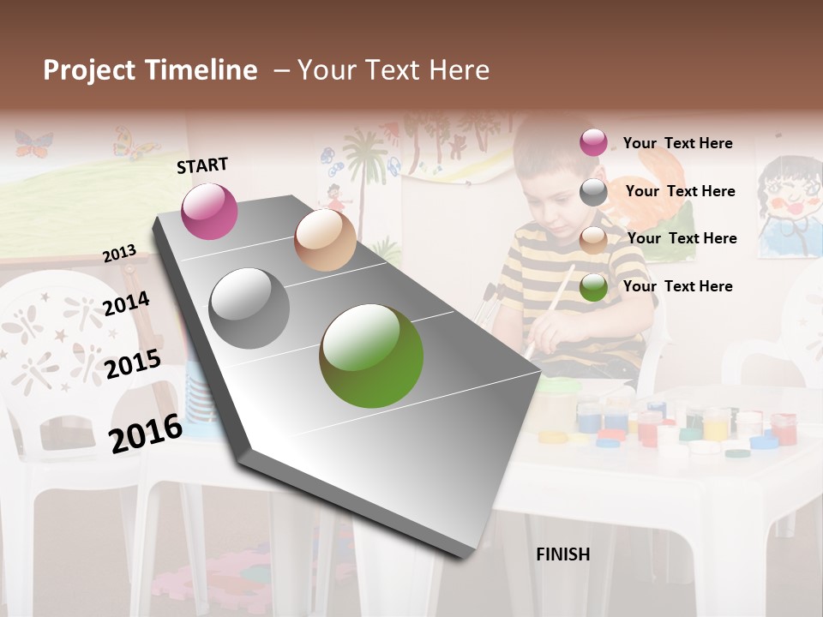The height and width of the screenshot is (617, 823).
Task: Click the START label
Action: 202,165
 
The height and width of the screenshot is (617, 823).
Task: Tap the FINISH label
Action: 562,554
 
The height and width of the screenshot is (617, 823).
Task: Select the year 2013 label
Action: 119,254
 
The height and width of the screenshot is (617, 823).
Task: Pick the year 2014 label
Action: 126,303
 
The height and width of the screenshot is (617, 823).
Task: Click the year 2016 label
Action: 146,433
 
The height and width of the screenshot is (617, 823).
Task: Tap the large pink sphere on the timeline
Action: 209,211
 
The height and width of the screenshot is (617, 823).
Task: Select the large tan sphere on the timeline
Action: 325,240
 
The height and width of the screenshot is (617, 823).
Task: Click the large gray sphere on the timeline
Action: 249,308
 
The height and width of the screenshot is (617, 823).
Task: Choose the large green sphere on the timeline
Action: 371,356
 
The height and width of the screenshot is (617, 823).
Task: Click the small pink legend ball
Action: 593,142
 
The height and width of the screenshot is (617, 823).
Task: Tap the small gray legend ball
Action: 593,192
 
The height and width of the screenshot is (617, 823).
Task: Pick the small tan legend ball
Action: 593,240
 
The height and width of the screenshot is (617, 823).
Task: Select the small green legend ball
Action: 593,288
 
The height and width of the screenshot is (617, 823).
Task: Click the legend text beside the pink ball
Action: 677,143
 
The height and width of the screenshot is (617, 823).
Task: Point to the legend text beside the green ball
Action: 677,286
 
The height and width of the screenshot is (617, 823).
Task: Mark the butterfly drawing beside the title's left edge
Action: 33,144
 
